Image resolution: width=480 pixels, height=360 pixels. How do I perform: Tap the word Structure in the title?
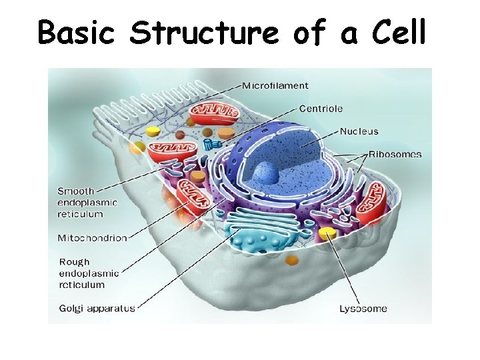[x=205, y=32]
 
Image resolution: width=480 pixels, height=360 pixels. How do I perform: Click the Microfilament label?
[x=275, y=85]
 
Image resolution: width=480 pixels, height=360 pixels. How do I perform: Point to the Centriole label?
[x=321, y=108]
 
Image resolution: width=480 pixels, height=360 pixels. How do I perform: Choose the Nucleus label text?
[x=359, y=131]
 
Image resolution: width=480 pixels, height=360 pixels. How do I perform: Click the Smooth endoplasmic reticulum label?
[x=87, y=203]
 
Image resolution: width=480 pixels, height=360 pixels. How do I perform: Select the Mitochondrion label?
[x=92, y=238]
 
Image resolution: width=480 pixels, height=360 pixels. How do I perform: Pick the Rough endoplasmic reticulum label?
[x=89, y=273]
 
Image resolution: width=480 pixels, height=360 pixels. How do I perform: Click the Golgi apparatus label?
[x=97, y=309]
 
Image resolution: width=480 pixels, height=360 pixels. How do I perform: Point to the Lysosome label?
[x=363, y=309]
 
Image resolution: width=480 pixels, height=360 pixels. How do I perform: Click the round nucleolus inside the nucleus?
[x=265, y=173]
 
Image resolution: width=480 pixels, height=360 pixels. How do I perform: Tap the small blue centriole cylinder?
[x=212, y=144]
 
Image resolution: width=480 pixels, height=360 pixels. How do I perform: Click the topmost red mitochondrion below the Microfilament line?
[x=212, y=113]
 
